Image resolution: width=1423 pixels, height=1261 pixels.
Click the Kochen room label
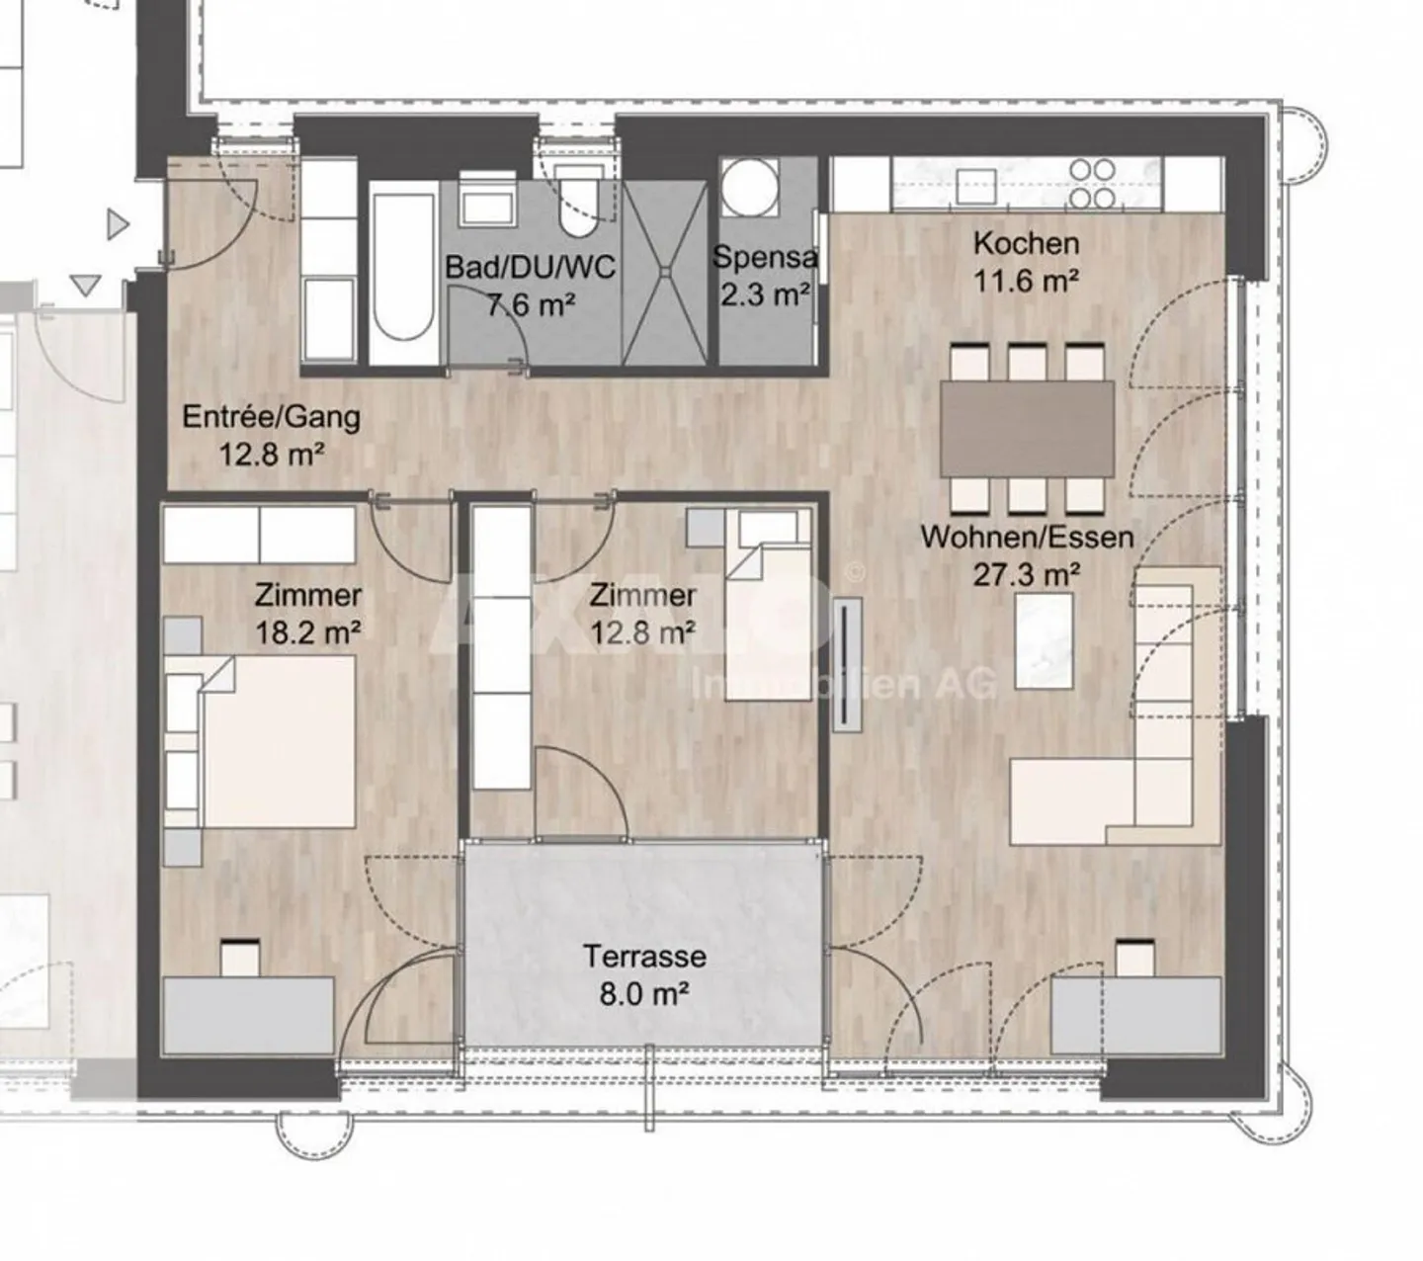point(1026,243)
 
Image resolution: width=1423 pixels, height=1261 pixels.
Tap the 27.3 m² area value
point(1026,574)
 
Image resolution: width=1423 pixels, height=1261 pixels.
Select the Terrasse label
point(644,957)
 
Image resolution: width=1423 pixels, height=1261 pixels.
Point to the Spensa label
point(765,258)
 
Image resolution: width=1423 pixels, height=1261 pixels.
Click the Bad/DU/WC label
point(530,267)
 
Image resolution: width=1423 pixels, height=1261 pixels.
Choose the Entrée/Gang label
point(271,417)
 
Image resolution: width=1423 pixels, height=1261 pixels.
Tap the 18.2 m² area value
point(307,632)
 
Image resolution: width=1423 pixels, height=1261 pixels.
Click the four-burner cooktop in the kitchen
point(1093,184)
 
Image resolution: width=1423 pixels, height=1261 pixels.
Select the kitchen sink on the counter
point(975,185)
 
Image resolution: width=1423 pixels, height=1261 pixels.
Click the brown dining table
point(1027,428)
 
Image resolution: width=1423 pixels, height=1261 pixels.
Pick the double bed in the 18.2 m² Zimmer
point(277,741)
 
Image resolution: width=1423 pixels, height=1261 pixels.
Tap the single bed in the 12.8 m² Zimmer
point(769,618)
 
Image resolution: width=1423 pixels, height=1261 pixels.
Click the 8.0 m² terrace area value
point(644,993)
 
